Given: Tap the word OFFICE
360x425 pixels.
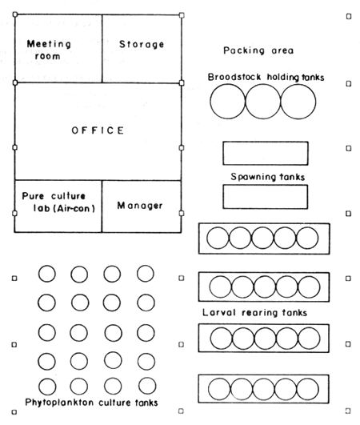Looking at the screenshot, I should point(97,130).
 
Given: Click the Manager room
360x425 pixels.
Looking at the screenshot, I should point(140,206).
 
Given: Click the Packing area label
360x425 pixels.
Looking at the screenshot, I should point(258,50).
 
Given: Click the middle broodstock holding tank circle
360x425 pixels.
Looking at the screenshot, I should point(263,102).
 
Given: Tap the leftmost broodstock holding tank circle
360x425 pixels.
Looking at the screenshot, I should point(228,102).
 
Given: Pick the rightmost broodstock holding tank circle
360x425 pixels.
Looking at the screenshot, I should point(298,102).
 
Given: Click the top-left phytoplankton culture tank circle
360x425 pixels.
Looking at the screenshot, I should point(47,274).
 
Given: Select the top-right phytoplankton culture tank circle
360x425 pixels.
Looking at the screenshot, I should point(145,274).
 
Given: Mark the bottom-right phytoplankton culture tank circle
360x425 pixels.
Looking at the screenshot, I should point(145,385).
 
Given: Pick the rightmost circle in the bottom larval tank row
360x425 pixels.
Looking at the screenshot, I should point(307,389).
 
